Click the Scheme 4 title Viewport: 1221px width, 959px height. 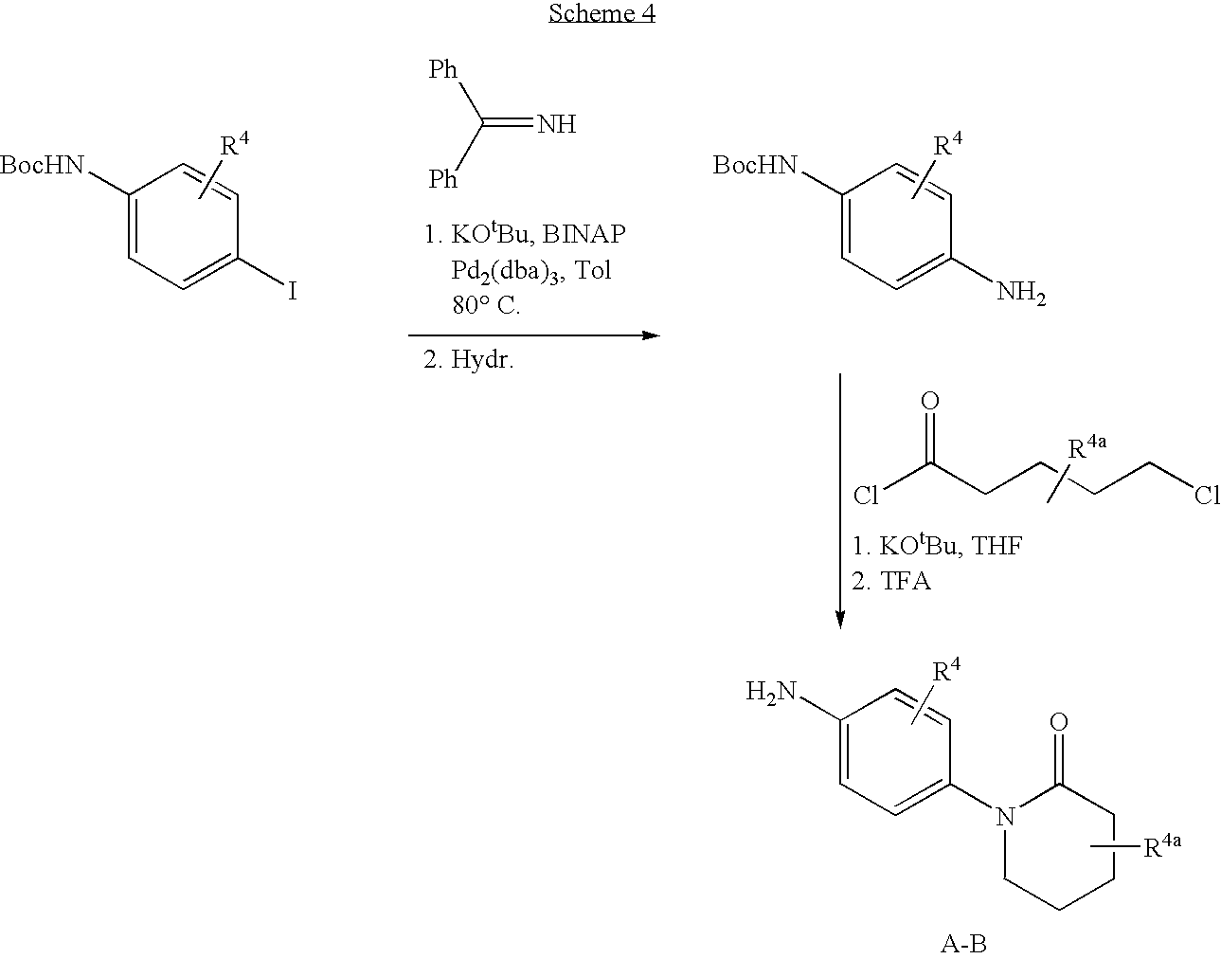(602, 13)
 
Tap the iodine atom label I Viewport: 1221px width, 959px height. (293, 292)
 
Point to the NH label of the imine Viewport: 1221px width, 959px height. (557, 124)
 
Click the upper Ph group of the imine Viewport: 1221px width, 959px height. (443, 69)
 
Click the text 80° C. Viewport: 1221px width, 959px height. (486, 306)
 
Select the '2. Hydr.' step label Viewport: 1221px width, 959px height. (468, 360)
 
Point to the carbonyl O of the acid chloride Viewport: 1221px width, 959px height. (930, 402)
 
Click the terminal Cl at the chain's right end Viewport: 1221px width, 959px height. (1207, 496)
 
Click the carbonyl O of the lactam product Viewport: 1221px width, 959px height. (1059, 724)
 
